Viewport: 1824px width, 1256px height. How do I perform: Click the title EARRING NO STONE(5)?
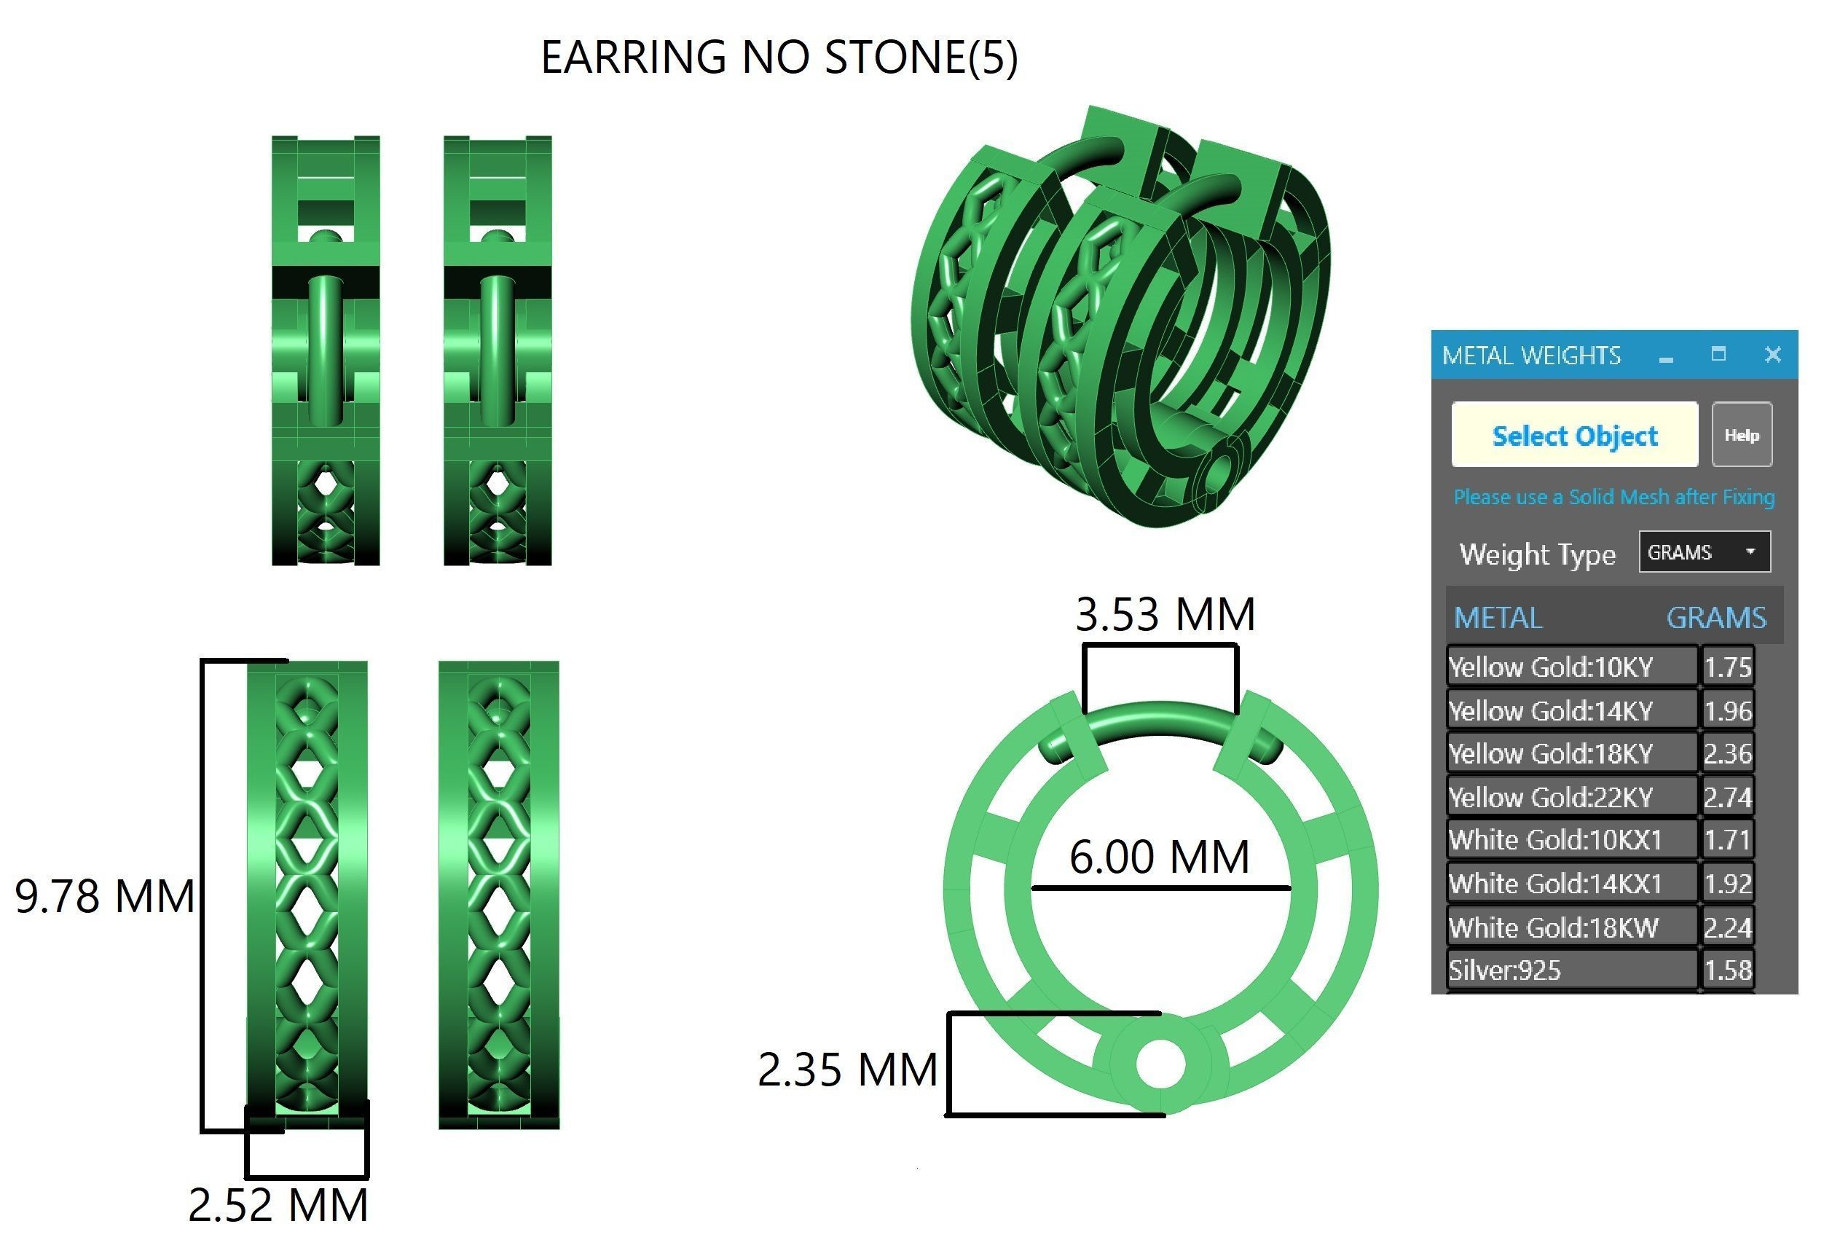click(778, 58)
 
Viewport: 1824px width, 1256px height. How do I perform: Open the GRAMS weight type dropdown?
click(1704, 552)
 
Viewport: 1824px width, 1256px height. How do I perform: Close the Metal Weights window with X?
click(1772, 355)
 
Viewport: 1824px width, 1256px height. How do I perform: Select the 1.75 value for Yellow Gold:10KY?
click(1727, 667)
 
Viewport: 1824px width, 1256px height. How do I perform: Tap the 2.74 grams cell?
click(1727, 797)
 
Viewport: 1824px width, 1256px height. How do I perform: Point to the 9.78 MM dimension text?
click(105, 896)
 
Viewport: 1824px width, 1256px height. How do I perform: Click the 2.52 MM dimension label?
click(278, 1205)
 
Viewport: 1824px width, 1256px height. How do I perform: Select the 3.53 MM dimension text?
click(1165, 615)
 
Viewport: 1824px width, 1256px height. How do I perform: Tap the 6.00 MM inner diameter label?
click(1159, 857)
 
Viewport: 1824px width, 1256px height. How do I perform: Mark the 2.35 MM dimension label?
click(847, 1069)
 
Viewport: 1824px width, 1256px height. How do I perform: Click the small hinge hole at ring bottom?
click(1160, 1063)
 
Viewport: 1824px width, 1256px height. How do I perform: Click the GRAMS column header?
click(1715, 618)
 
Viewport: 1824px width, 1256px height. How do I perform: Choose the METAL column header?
click(1498, 618)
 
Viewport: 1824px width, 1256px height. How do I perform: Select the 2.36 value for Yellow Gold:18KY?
click(1727, 754)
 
